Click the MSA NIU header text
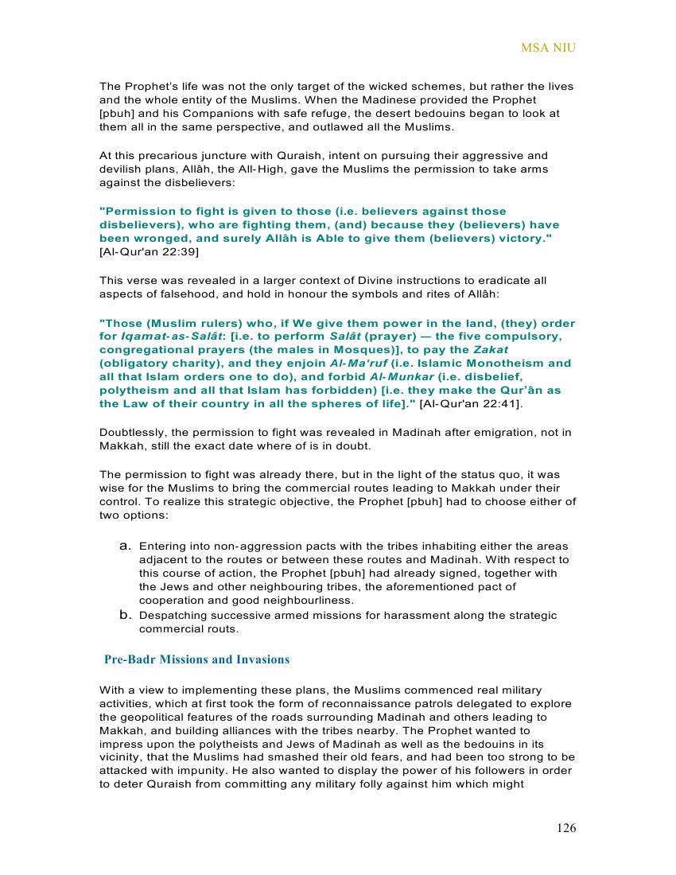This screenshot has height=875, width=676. tap(548, 48)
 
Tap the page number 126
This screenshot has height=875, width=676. tap(566, 828)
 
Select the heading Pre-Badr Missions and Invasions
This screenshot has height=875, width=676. tap(197, 659)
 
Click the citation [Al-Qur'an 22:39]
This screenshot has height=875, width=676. tap(149, 252)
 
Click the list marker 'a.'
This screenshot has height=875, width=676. tap(125, 546)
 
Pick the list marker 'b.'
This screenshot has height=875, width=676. tap(125, 614)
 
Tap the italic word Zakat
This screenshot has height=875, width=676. tap(491, 350)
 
